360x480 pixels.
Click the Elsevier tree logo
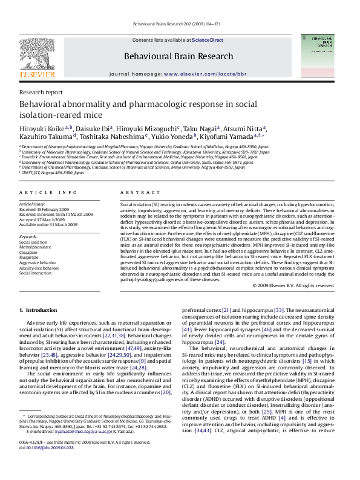[x=37, y=58]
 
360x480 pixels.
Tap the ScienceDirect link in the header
[x=208, y=40]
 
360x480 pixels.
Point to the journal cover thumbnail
[x=327, y=59]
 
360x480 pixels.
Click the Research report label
[x=41, y=92]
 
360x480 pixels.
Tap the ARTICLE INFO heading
[x=48, y=192]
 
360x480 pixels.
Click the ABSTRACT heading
[x=136, y=192]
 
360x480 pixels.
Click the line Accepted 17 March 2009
[x=44, y=219]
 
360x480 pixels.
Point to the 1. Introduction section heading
[x=38, y=310]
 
